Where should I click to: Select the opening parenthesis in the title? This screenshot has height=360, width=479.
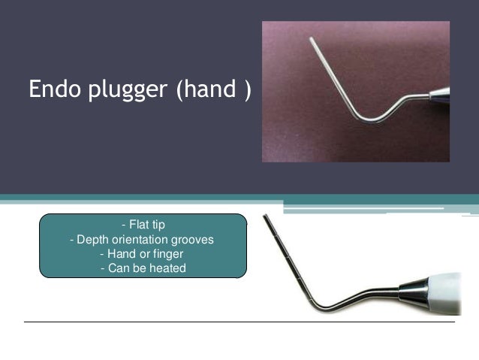pos(179,90)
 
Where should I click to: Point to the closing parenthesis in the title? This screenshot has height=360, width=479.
pos(247,90)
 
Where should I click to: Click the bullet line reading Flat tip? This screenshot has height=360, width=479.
pos(143,225)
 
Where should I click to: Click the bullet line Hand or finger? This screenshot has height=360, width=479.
pos(143,254)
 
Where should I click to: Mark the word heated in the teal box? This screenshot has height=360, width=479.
pos(168,268)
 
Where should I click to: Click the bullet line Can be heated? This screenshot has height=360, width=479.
pos(143,268)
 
